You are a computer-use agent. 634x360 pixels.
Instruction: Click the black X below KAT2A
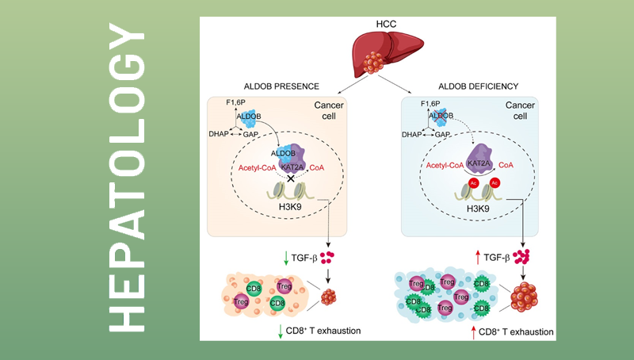[x=291, y=178]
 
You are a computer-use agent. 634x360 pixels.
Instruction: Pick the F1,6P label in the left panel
[x=237, y=102]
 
